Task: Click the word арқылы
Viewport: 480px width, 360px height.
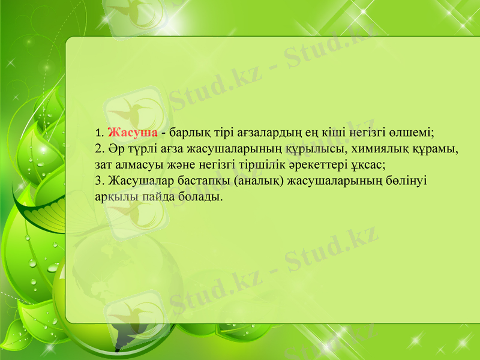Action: click(114, 196)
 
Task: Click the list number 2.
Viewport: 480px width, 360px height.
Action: click(99, 148)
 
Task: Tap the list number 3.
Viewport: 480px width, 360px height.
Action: click(99, 179)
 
